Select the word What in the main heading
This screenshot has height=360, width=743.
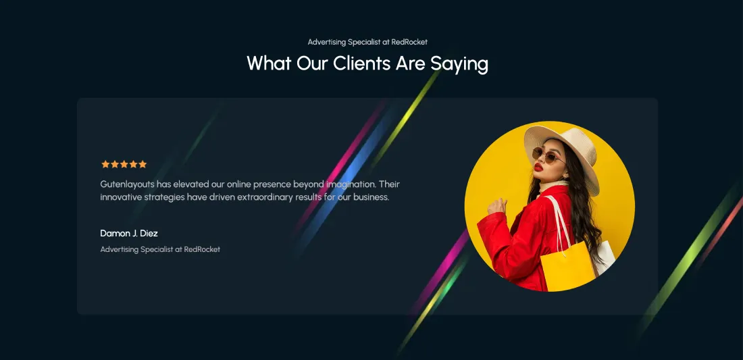coord(269,63)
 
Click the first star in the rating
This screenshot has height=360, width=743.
coord(105,164)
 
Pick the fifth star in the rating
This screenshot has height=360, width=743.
coord(143,164)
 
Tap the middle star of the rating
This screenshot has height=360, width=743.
coord(124,164)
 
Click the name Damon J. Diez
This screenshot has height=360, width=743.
coord(129,233)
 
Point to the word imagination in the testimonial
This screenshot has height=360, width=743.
coord(351,184)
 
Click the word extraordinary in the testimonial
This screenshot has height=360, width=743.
coord(265,197)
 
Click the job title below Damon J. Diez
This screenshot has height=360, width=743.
coord(160,249)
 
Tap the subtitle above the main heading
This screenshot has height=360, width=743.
coord(367,42)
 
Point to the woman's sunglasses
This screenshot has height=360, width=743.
coord(547,155)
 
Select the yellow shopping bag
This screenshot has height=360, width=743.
coord(567,266)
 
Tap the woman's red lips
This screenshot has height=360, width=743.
coord(538,167)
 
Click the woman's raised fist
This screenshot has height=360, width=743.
coord(496,205)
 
